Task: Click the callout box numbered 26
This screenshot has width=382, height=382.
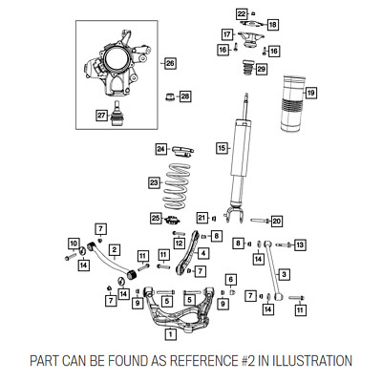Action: [170, 64]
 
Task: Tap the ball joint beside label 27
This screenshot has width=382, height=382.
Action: [117, 114]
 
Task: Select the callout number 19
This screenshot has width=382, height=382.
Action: [310, 93]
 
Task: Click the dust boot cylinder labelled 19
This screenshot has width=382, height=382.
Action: [292, 103]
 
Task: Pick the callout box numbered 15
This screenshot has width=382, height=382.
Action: [222, 148]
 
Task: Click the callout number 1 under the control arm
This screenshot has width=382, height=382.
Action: [171, 334]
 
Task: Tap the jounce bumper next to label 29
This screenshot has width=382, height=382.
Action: [248, 67]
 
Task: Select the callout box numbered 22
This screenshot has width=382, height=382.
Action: [242, 14]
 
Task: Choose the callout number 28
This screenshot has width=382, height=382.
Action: [185, 96]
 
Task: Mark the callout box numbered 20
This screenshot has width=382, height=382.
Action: [276, 221]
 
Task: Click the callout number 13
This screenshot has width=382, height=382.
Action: [300, 244]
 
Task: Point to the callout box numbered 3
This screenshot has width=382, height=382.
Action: [284, 274]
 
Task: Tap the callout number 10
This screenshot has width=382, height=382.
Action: [74, 244]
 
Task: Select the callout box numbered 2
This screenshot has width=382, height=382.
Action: [115, 250]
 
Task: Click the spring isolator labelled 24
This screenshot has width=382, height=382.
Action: [182, 151]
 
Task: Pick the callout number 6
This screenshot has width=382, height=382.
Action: [231, 280]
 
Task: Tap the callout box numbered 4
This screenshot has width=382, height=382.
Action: [203, 254]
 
